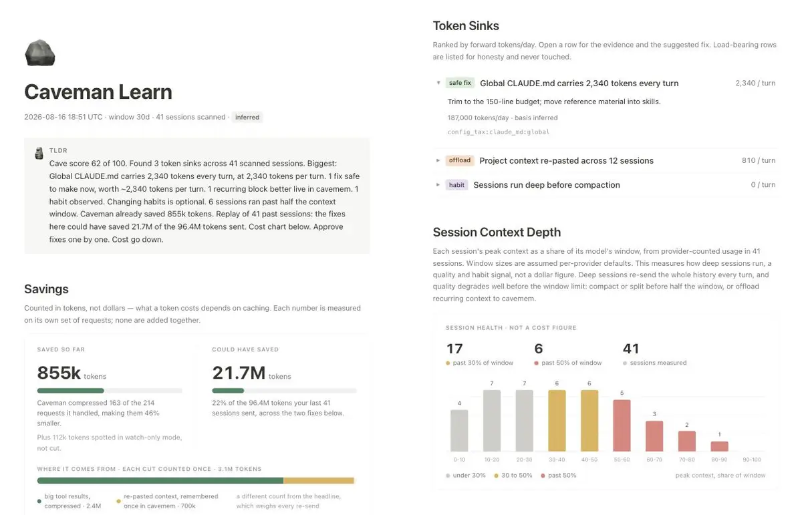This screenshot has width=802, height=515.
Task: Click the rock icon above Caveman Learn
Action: [x=39, y=53]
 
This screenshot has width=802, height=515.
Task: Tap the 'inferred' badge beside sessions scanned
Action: [x=247, y=117]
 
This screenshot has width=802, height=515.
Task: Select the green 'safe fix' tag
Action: [x=460, y=83]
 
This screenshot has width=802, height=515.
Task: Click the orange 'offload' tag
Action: [x=460, y=160]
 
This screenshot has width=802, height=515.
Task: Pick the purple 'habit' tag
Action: [x=456, y=184]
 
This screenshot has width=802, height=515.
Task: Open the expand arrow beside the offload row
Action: [x=438, y=160]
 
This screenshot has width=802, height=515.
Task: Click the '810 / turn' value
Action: [x=759, y=160]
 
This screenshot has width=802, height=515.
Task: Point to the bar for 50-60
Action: [x=622, y=425]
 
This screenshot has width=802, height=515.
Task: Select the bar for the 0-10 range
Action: [x=459, y=431]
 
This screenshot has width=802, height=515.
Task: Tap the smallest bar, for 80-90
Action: [x=719, y=446]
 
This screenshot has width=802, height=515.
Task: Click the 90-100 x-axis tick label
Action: [x=752, y=460]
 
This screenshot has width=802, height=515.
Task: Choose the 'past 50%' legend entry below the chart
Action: [x=559, y=476]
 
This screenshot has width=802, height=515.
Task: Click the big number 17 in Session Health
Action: [x=454, y=349]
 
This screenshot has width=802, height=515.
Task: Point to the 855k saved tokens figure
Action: [x=59, y=373]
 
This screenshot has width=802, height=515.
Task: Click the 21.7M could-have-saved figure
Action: [x=239, y=373]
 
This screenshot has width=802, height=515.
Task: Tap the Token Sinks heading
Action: [x=466, y=26]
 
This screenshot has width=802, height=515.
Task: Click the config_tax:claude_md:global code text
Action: [x=499, y=132]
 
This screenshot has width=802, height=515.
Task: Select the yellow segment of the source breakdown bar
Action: [x=319, y=480]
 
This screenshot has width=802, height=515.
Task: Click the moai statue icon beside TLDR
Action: [x=39, y=153]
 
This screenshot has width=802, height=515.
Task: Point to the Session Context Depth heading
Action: [x=497, y=232]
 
